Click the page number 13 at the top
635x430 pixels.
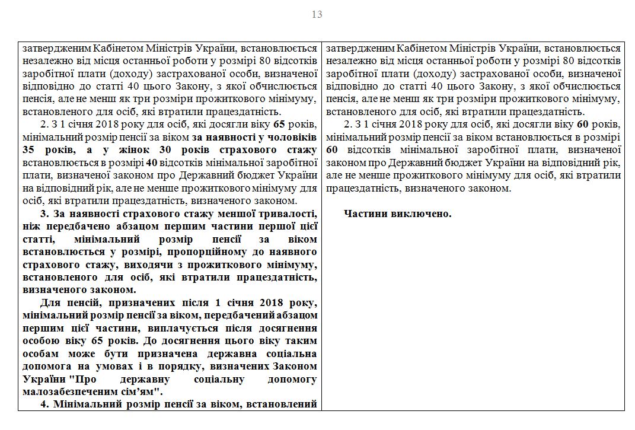[x=317, y=14]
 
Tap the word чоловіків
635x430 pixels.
[x=291, y=136]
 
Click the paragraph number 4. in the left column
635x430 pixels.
[x=44, y=404]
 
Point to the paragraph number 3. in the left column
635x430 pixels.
[x=44, y=214]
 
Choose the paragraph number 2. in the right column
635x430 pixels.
[x=348, y=124]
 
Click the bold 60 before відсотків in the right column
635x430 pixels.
[x=332, y=149]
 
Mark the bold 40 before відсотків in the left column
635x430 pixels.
[x=152, y=161]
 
